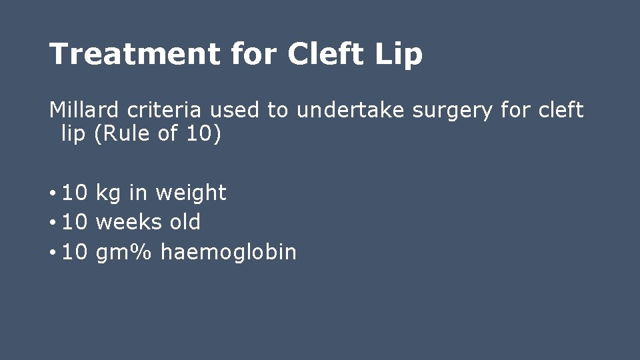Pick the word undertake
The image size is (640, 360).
click(350, 110)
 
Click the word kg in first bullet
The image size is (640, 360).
click(108, 193)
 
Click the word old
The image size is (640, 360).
click(185, 222)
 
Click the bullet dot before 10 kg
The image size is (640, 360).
click(53, 194)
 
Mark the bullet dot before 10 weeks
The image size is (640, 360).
click(53, 223)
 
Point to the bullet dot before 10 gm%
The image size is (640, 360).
click(53, 253)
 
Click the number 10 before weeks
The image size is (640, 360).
click(75, 222)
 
